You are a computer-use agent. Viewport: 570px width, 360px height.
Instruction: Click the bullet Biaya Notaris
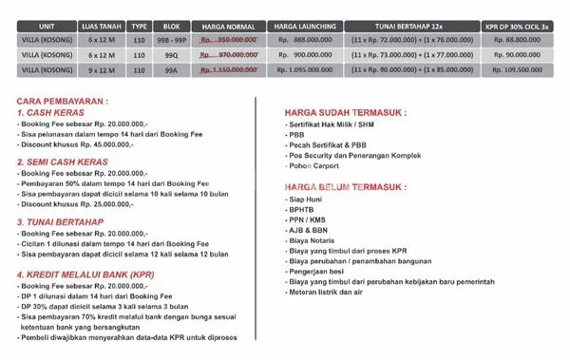(314, 241)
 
